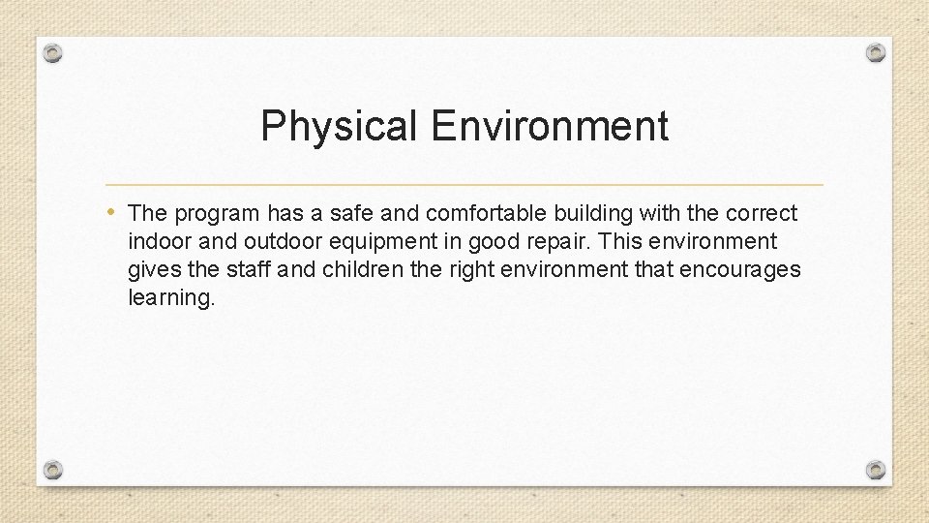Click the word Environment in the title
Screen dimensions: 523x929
(550, 127)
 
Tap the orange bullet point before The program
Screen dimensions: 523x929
(114, 211)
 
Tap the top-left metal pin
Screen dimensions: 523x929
(54, 53)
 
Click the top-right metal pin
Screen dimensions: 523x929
(875, 51)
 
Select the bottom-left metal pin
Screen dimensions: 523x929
(54, 470)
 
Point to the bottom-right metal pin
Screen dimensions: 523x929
(875, 470)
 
